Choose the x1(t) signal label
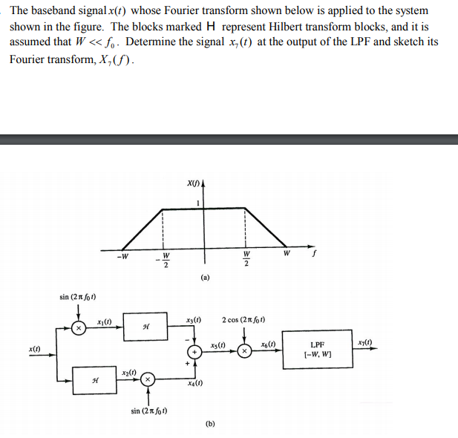[x=105, y=321]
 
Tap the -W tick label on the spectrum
[x=122, y=258]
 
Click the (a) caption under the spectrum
[x=205, y=277]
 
